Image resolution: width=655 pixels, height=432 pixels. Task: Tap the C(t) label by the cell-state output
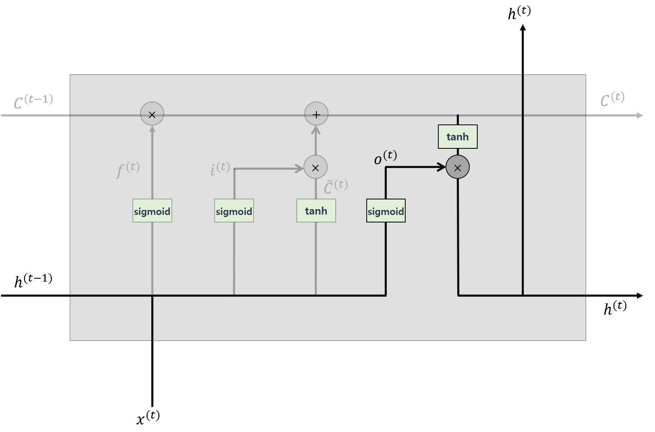[612, 100]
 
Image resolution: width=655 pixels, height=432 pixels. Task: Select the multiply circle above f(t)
[152, 114]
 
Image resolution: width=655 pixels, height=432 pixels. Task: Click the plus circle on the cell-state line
[316, 114]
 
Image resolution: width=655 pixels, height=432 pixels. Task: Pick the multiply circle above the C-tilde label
[316, 167]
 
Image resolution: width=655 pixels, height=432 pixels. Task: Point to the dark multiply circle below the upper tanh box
[458, 167]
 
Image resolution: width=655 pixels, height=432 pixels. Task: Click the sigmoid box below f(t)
[152, 211]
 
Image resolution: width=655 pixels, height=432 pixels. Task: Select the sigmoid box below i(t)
[234, 211]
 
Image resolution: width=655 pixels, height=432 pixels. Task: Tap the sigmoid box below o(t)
[386, 211]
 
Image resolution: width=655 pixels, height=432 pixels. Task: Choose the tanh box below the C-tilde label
[316, 211]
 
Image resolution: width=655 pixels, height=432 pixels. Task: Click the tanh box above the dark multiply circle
[458, 137]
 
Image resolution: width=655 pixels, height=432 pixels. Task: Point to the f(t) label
[128, 170]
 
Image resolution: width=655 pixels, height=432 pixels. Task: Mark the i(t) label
[220, 169]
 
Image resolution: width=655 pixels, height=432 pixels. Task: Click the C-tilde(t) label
[336, 186]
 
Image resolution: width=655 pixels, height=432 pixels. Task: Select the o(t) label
[385, 158]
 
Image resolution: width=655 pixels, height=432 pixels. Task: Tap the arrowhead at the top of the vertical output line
[523, 28]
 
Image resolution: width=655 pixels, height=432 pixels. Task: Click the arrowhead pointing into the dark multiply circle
[442, 167]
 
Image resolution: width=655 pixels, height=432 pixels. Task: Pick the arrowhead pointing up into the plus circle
[316, 130]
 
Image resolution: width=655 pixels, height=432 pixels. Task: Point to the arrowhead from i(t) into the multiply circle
[300, 168]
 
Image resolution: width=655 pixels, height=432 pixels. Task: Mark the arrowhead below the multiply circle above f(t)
[152, 129]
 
